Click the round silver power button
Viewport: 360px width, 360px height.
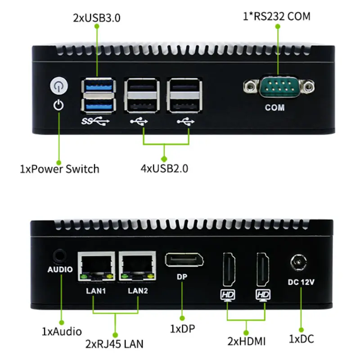[59, 85]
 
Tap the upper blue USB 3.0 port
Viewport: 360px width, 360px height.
[99, 86]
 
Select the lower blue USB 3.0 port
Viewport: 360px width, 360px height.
[99, 106]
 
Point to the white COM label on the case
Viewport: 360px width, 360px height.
[274, 108]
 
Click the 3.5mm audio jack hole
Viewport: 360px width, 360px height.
[59, 256]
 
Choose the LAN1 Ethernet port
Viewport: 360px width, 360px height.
[96, 266]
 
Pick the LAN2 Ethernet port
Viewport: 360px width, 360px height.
[137, 266]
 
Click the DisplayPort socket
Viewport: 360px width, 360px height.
[184, 260]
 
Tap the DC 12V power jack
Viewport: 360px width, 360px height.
[298, 262]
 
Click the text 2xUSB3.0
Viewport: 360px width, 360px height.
[97, 18]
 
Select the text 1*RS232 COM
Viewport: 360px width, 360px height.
[276, 16]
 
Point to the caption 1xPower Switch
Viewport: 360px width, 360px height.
[59, 169]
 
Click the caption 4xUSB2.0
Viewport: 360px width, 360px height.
[164, 168]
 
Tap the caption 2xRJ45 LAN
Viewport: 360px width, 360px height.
[114, 344]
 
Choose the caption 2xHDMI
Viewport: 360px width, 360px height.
[246, 341]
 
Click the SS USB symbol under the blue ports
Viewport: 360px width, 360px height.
[95, 121]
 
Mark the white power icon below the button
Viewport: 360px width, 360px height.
[58, 105]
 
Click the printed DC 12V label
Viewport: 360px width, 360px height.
[301, 282]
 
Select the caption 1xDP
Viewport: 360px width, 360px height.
[183, 329]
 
